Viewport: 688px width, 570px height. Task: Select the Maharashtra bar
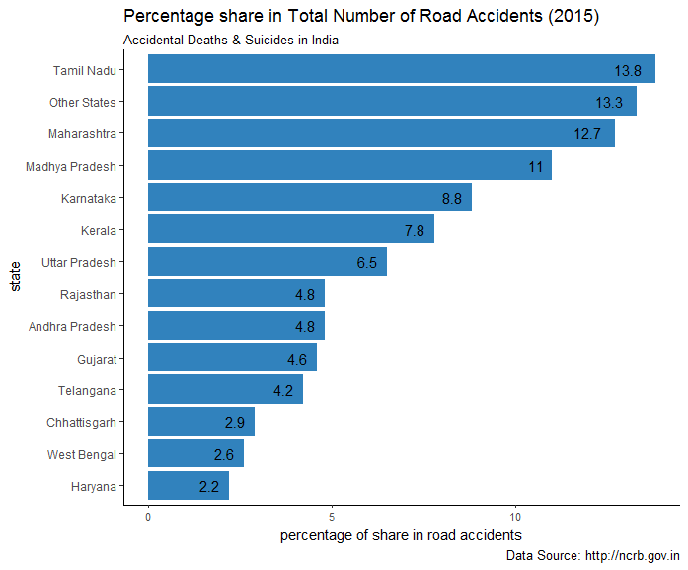(381, 133)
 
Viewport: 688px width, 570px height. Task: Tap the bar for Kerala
(290, 230)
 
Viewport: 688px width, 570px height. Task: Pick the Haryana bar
(188, 486)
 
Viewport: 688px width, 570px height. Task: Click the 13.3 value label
(609, 103)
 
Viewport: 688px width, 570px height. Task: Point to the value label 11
(536, 167)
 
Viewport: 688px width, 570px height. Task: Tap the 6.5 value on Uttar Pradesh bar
(367, 263)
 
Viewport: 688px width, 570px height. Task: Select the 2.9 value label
(235, 423)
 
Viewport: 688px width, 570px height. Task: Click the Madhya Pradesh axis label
(71, 166)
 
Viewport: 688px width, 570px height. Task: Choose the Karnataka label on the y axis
(88, 199)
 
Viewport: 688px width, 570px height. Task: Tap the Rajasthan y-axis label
(88, 294)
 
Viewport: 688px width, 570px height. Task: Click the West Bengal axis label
(81, 454)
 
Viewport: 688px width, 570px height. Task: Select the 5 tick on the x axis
(332, 516)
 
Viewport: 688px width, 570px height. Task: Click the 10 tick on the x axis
(515, 516)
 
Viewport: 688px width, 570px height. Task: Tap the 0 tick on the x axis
(148, 516)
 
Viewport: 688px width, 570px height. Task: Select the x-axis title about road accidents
(401, 534)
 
